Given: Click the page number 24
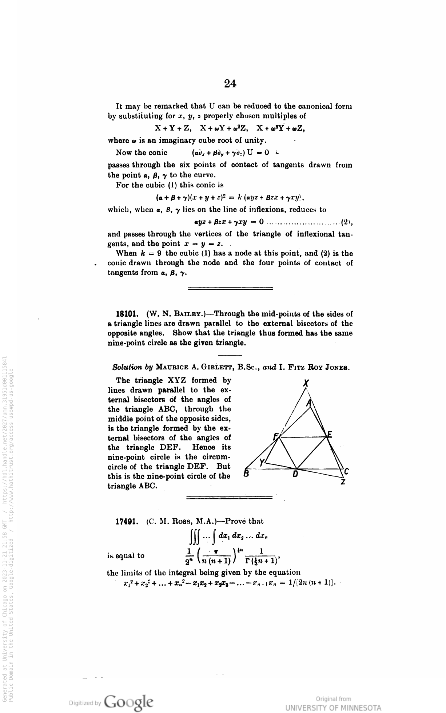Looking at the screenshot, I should (230, 84).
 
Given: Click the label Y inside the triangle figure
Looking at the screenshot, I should (262, 462).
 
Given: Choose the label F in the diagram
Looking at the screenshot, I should (275, 436).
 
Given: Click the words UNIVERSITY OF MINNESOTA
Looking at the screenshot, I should (333, 708).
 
